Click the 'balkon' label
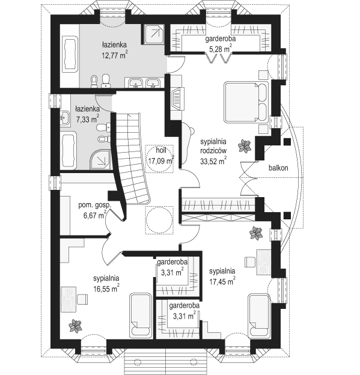click(278, 168)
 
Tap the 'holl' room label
click(161, 150)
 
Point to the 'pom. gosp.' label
click(95, 205)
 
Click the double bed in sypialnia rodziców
click(246, 102)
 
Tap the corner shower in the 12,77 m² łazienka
click(154, 34)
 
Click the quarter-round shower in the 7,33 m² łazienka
click(100, 159)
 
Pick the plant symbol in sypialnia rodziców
click(245, 145)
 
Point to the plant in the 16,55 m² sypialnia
click(75, 326)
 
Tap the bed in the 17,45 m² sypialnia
click(259, 316)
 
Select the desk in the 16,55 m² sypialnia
click(69, 299)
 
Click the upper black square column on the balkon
click(287, 142)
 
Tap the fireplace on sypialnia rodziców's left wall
click(177, 99)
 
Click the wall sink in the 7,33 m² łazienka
click(65, 118)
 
